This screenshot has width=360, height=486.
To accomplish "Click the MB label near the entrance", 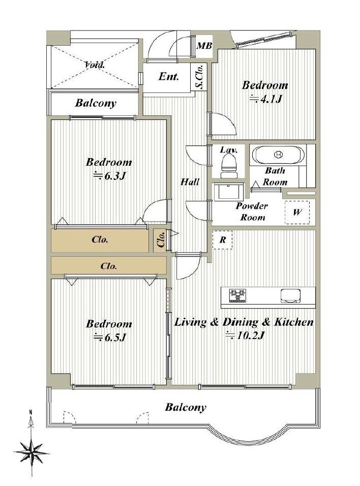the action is pos(204,46).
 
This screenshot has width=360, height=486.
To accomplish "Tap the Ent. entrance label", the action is pos(169,76).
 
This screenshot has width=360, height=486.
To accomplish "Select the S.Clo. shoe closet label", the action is pos(200,77).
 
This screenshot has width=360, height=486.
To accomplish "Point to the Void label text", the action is pos(95,65).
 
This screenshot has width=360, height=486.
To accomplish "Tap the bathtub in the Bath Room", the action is pos(278,155).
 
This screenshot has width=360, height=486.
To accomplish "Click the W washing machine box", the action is pos(297,212).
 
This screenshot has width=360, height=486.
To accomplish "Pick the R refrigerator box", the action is pos(222,240).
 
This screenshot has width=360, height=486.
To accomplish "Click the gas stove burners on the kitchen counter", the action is pos(237,295).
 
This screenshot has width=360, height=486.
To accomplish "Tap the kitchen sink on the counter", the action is pos(291,295).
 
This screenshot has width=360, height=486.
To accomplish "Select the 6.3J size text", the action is pos(109,176).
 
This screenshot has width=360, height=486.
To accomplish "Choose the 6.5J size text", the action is pos(109,337).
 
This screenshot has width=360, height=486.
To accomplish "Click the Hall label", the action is pos(190,181).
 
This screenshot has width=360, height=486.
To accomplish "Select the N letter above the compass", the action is pos(31,412).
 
